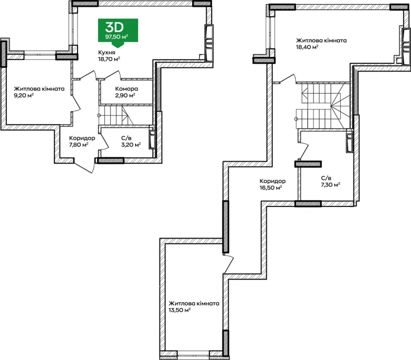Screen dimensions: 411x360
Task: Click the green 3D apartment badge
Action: click(118, 31)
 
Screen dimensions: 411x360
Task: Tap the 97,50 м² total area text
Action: click(117, 36)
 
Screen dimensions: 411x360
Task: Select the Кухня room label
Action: click(107, 53)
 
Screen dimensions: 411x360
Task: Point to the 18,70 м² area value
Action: click(109, 59)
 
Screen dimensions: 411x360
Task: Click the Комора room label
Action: click(126, 89)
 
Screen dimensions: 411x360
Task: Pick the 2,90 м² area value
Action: click(125, 96)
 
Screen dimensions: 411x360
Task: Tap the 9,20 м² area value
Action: click(24, 96)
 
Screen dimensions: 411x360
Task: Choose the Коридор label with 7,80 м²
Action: click(82, 138)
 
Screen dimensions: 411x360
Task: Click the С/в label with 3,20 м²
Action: click(126, 138)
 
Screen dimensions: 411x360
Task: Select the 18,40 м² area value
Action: click(307, 47)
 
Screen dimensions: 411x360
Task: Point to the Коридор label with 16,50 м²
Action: click(273, 181)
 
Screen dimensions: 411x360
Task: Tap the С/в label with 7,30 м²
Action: click(326, 178)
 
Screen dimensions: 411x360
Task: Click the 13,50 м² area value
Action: click(179, 310)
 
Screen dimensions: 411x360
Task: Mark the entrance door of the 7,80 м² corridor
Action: click(84, 165)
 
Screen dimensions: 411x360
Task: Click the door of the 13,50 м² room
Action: click(228, 264)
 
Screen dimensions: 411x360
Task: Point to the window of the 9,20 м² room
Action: click(40, 55)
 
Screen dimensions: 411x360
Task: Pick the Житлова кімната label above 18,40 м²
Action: click(322, 41)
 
